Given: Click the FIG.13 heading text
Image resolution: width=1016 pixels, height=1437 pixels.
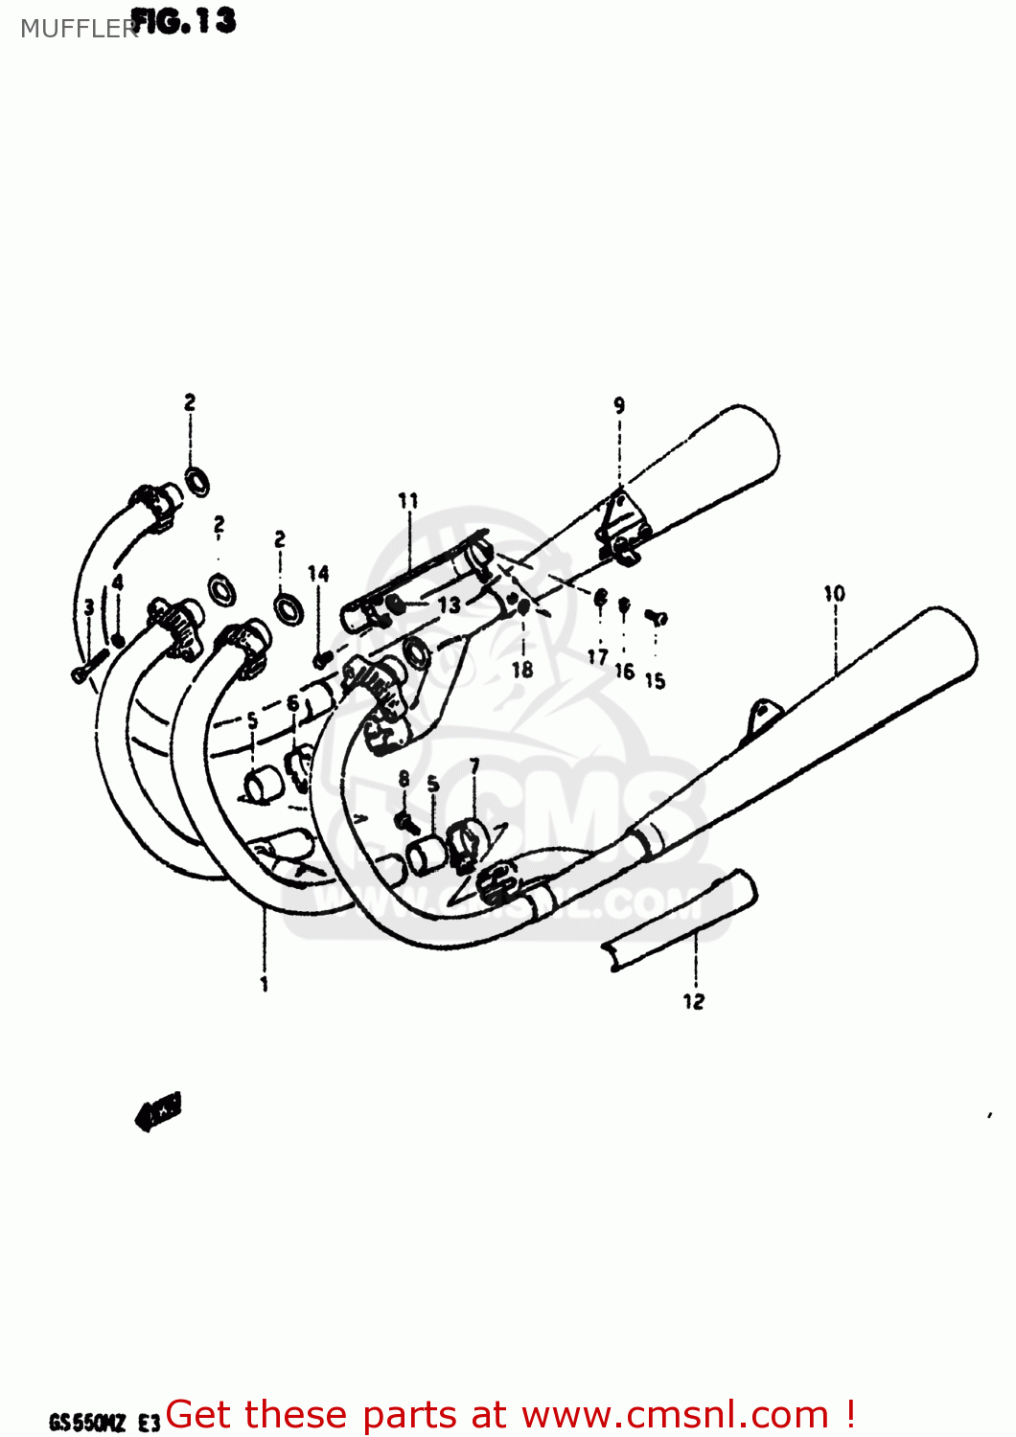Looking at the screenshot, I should [183, 21].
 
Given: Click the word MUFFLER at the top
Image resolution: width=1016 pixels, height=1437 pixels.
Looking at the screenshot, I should [77, 29].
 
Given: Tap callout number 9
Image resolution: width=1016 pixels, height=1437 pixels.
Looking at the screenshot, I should [619, 405].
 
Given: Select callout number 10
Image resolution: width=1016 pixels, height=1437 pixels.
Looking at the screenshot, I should [834, 594].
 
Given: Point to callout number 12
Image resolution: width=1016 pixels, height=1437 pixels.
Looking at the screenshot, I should [694, 1001].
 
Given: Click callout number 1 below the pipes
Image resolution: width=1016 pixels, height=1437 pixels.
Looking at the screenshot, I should [265, 984].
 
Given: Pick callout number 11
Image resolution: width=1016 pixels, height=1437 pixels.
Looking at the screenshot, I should [408, 500].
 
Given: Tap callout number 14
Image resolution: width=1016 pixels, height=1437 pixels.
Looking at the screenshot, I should [318, 573].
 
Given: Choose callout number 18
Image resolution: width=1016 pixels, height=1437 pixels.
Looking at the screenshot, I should [522, 670].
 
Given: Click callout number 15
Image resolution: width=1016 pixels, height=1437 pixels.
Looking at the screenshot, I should [655, 680].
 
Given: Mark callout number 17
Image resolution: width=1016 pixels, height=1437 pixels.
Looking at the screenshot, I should [598, 656].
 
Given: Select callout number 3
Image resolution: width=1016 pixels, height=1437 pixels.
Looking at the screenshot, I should [89, 606].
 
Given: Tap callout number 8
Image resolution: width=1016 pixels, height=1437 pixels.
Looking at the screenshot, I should [404, 779].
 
